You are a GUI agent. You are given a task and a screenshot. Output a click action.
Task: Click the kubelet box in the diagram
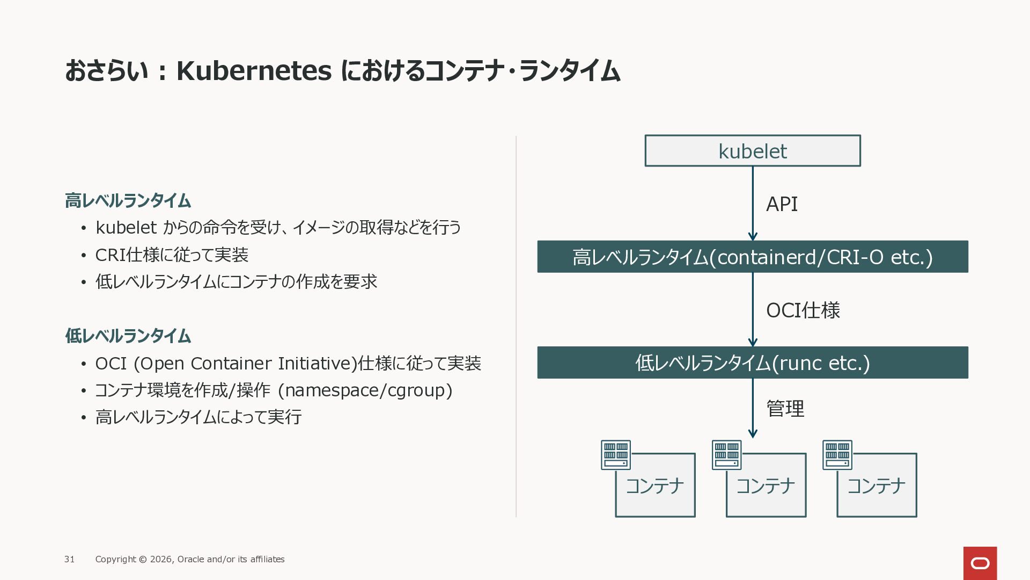tap(752, 151)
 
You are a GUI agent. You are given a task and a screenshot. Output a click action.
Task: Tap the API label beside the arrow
tap(782, 204)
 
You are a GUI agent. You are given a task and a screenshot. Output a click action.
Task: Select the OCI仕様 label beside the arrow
tap(803, 310)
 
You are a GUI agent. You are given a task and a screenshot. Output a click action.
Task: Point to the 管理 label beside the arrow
tap(785, 409)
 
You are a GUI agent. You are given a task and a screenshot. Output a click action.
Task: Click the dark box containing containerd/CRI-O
tap(752, 257)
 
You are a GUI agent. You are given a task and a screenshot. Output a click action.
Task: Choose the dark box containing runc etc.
tap(752, 363)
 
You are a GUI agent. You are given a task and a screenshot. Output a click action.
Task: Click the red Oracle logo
tap(980, 563)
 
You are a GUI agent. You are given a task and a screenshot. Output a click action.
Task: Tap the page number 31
tap(69, 559)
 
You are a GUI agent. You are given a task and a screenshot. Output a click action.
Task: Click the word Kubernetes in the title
tap(254, 71)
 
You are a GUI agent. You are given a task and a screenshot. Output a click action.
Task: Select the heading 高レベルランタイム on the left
tap(128, 201)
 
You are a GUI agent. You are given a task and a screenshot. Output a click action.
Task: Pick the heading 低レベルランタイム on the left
tap(128, 336)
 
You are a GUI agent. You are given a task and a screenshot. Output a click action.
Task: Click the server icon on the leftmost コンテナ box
tap(615, 455)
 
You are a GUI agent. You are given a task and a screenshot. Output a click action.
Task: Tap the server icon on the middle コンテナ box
tap(726, 455)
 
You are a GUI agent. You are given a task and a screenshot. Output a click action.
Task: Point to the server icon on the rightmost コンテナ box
tap(837, 455)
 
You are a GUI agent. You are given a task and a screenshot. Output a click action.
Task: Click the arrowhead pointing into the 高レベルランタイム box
tap(752, 236)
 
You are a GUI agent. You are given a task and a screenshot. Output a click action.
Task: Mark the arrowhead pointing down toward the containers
tap(752, 433)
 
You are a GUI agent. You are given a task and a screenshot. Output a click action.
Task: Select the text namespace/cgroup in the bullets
tap(365, 390)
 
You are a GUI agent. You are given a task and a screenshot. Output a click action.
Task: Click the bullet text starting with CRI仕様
tap(172, 255)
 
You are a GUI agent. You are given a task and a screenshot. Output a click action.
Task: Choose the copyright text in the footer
tap(190, 559)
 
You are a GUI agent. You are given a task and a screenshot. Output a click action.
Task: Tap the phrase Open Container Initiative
tap(245, 364)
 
